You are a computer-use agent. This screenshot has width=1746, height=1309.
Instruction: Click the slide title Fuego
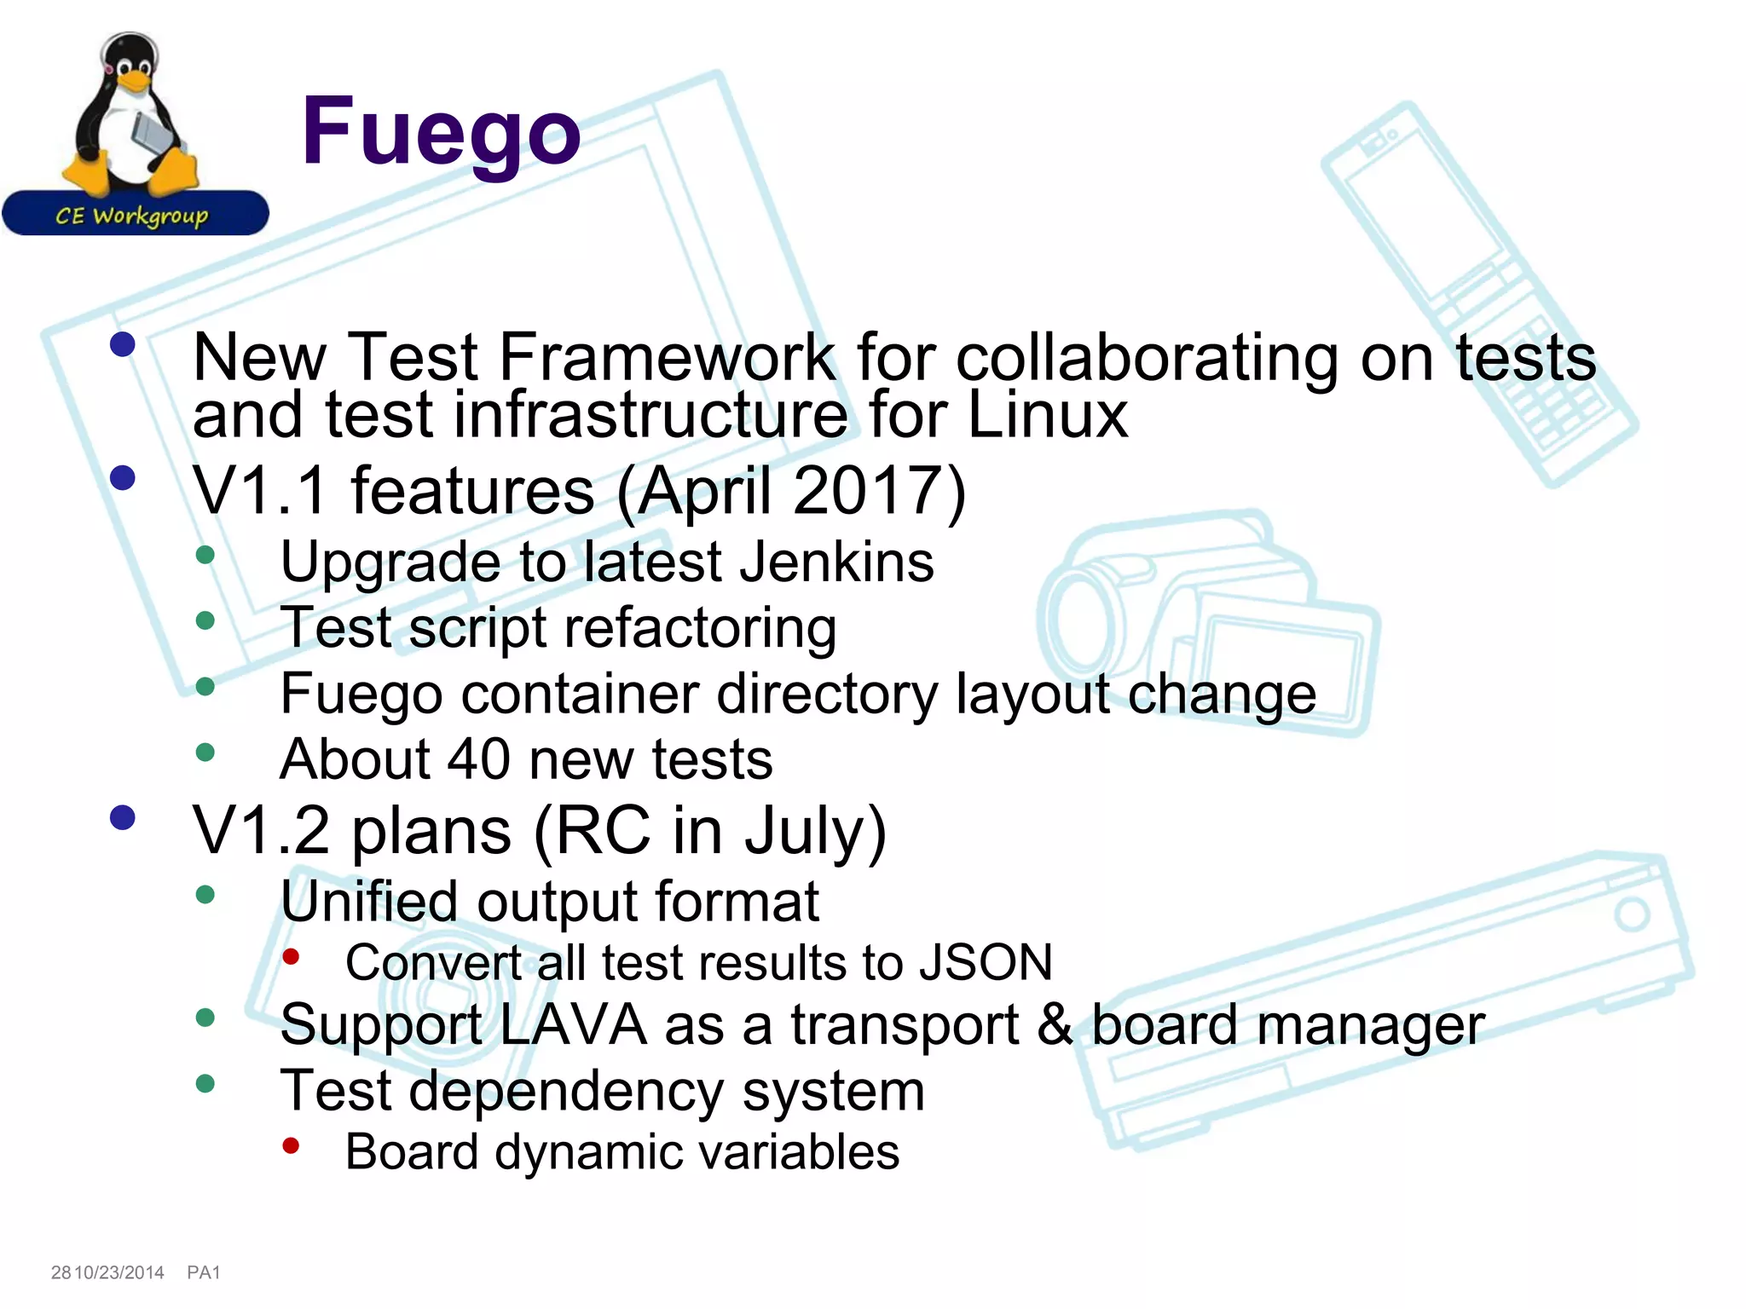(441, 132)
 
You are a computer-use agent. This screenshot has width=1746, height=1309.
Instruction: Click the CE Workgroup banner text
(132, 216)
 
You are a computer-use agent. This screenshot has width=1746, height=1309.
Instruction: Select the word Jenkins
(836, 562)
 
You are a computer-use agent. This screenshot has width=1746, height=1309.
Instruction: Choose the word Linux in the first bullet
(1048, 415)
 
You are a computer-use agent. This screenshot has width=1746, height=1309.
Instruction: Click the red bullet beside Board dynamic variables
(291, 1146)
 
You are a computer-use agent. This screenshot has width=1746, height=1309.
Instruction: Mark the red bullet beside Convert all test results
(291, 957)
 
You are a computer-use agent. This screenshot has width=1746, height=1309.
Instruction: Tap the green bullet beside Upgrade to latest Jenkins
(205, 555)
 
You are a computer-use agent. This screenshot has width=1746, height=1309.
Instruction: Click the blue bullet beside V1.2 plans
(123, 818)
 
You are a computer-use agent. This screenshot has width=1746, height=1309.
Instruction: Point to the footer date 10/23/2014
(119, 1272)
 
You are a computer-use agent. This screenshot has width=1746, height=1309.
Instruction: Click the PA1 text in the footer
(204, 1272)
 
